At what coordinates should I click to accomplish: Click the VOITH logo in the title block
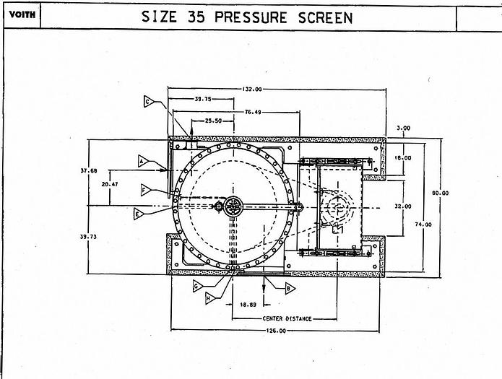click(22, 14)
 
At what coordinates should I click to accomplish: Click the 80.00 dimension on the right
click(441, 193)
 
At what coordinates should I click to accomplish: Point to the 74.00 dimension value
click(424, 225)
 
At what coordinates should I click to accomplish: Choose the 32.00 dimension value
click(403, 206)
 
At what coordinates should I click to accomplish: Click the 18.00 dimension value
click(403, 157)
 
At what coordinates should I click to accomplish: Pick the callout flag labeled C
click(149, 102)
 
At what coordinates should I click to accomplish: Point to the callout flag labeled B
click(290, 288)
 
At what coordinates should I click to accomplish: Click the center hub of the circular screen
click(233, 206)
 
